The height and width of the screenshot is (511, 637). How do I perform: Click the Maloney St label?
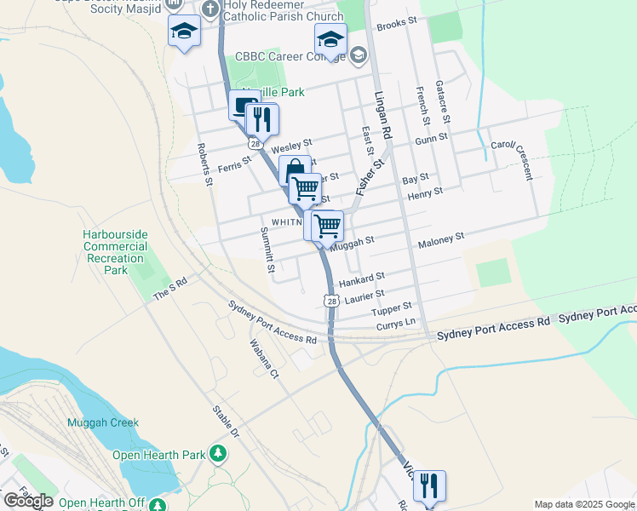(x=440, y=241)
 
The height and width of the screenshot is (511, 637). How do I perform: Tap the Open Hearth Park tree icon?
(x=220, y=454)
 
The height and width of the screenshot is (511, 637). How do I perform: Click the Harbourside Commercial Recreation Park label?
(x=115, y=252)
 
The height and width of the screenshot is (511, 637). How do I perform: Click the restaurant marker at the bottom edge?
(x=429, y=486)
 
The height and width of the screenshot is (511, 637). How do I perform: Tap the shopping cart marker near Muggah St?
(x=327, y=227)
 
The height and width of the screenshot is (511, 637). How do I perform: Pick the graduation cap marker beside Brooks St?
(x=330, y=38)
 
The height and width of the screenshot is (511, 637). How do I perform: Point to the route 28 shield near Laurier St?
(x=331, y=301)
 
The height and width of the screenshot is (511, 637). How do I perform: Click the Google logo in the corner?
(x=29, y=501)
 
